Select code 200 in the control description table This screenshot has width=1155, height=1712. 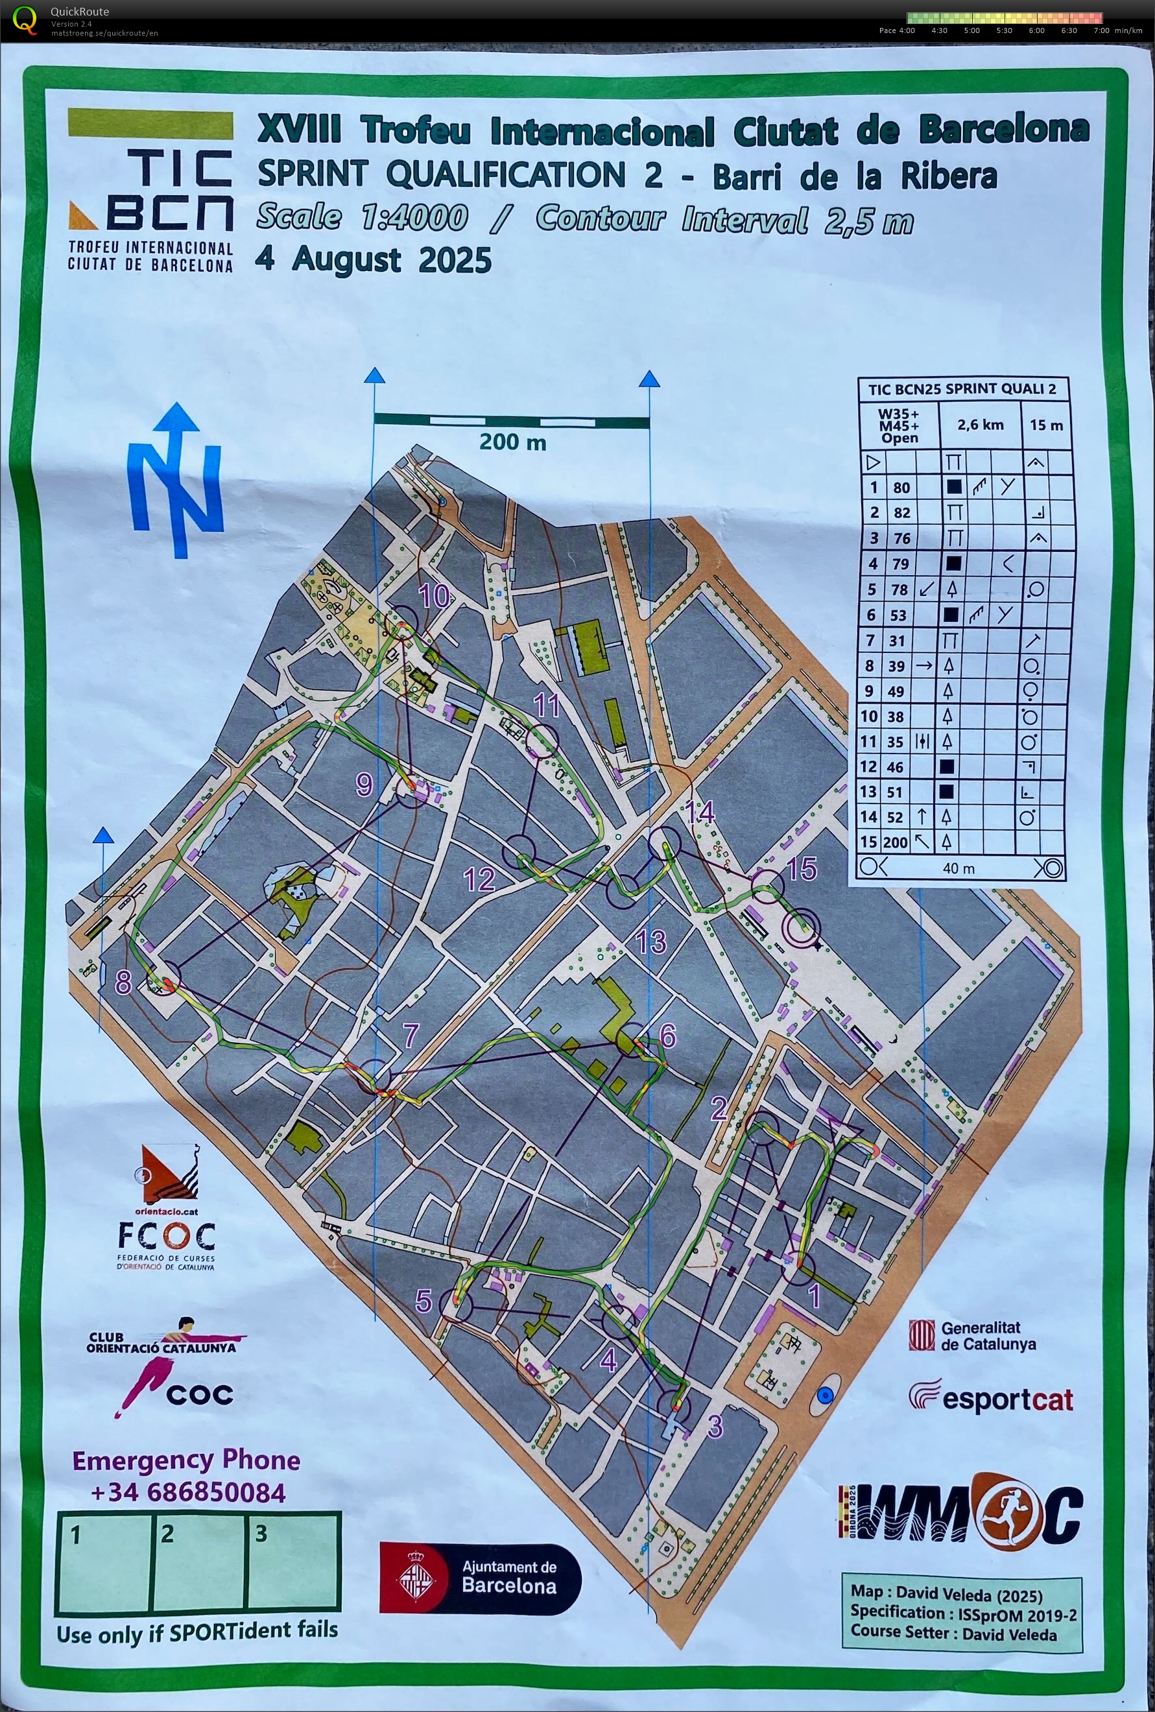click(896, 842)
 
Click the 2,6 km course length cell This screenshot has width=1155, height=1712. click(980, 425)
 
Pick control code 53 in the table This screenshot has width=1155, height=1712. click(896, 615)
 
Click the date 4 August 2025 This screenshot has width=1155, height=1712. click(373, 260)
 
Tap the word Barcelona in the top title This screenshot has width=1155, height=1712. click(1003, 130)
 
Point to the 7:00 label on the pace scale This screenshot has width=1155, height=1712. click(1101, 30)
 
